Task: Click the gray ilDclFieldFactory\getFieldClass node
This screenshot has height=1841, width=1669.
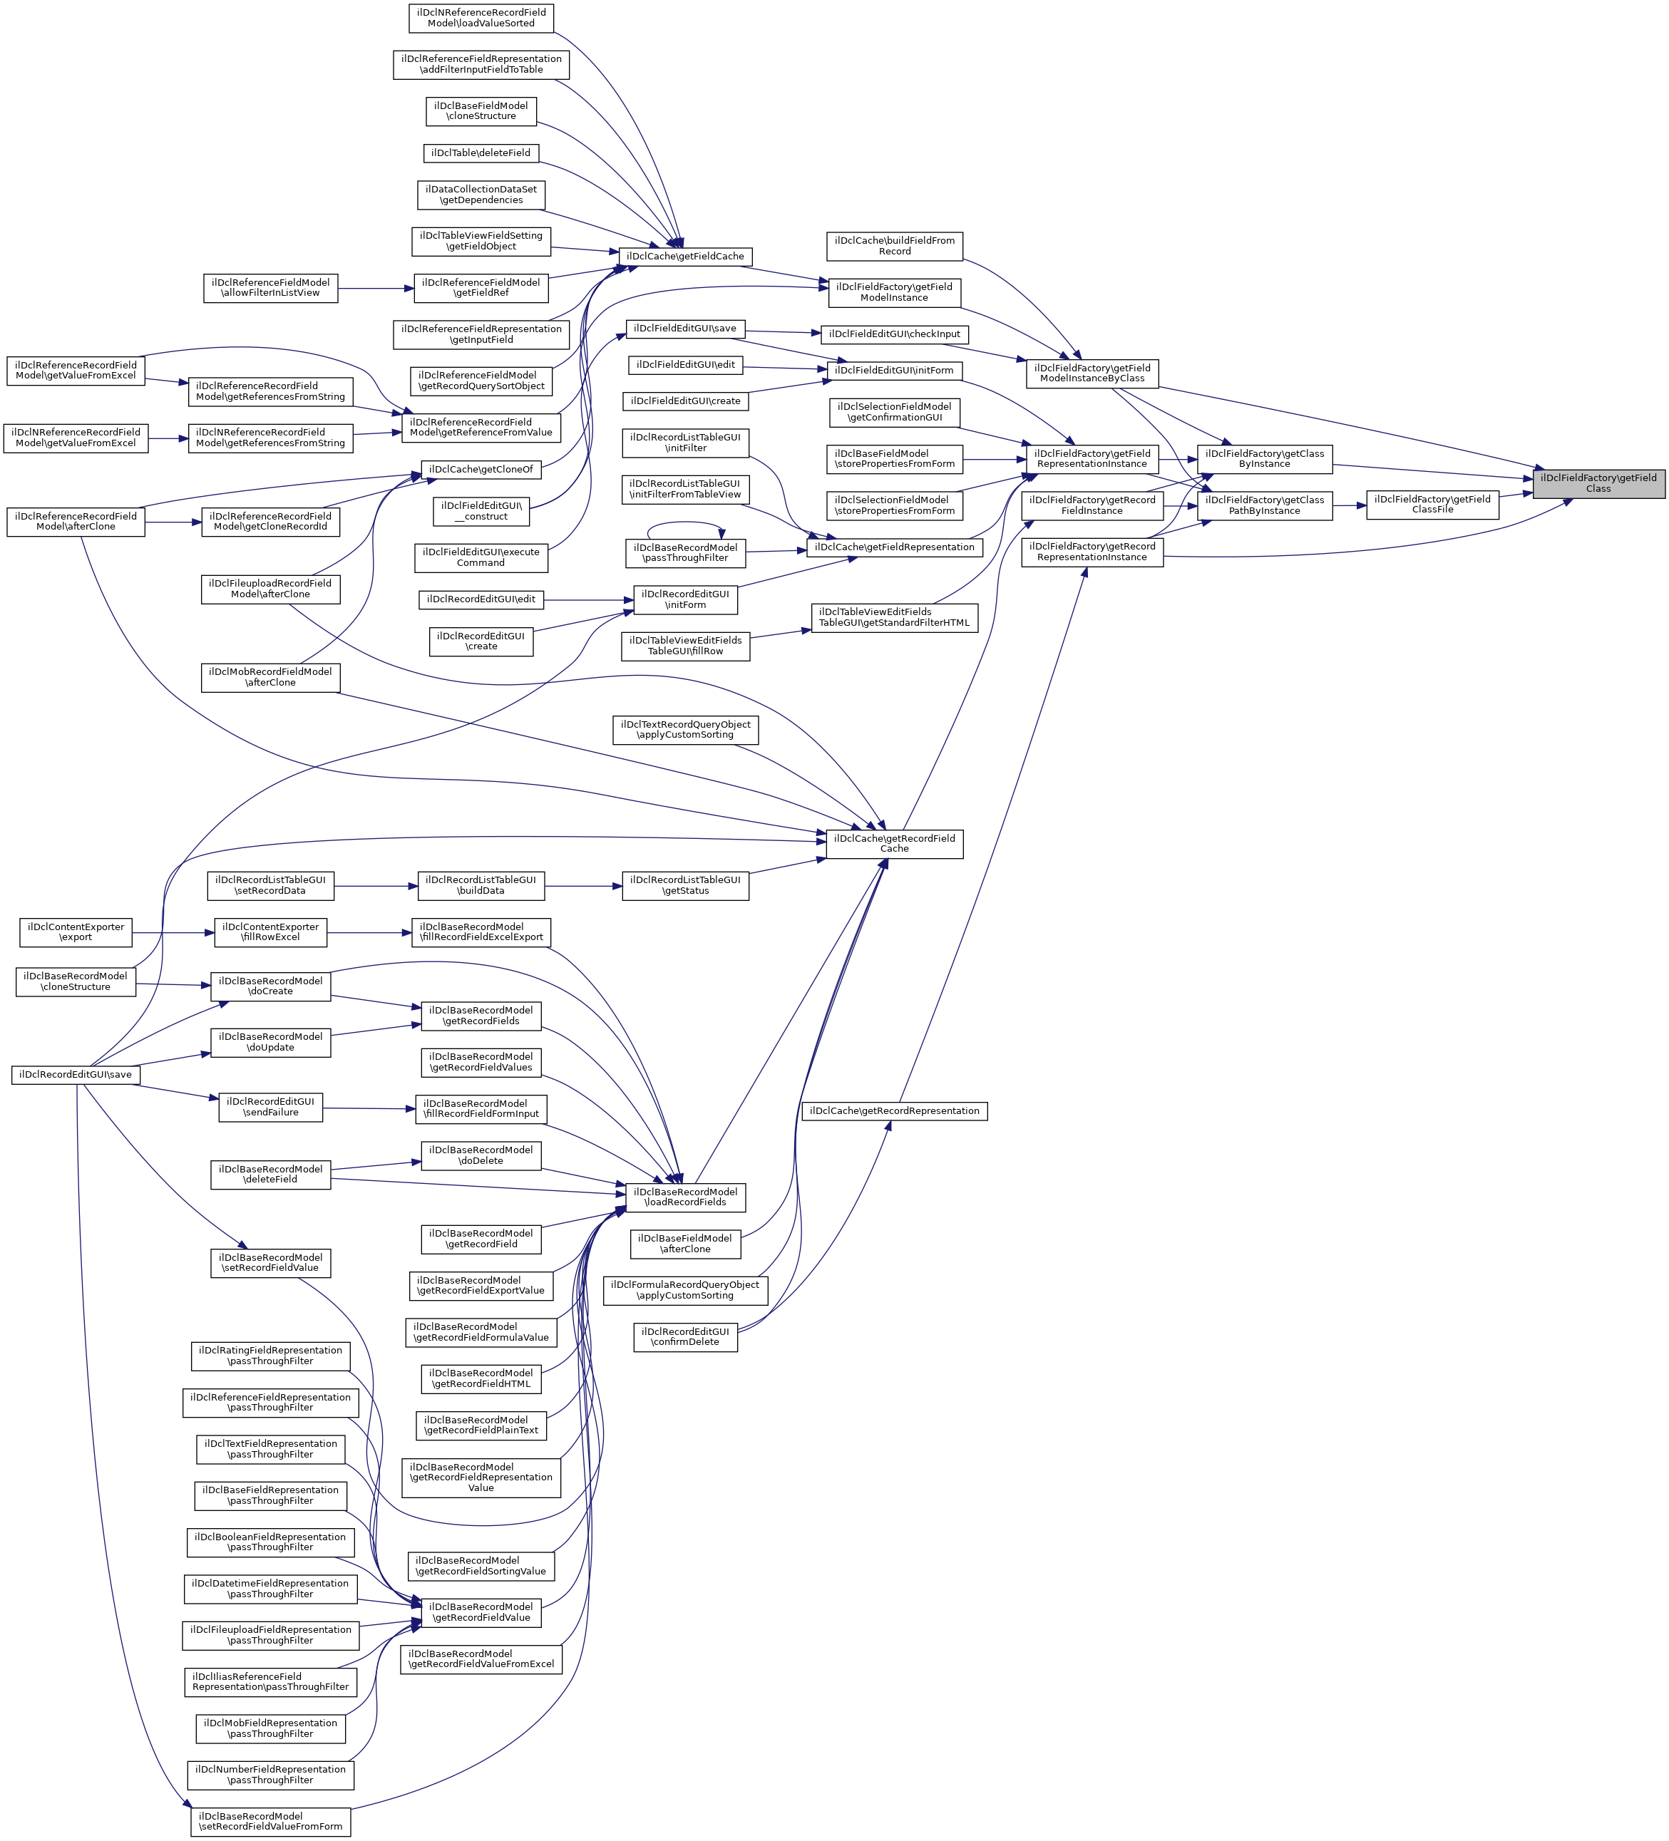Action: (x=1598, y=483)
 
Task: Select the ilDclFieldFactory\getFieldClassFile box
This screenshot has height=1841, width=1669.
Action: (x=1432, y=505)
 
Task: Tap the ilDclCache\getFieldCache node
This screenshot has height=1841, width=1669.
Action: (x=685, y=257)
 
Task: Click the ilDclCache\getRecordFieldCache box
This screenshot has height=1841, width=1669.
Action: (x=893, y=844)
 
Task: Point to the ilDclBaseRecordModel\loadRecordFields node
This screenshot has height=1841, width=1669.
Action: (x=685, y=1197)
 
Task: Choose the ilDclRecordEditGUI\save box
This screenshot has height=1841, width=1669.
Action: (x=76, y=1075)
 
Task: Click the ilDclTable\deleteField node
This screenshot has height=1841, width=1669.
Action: (x=481, y=153)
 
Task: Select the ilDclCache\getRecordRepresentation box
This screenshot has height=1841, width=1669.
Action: (x=894, y=1111)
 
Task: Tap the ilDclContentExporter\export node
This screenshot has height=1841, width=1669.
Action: (x=76, y=932)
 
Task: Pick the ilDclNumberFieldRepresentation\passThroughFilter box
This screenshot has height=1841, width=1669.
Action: (x=270, y=1775)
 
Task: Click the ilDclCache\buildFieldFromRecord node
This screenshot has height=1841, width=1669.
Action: (x=894, y=247)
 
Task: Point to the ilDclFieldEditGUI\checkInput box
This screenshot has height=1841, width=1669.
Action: (x=894, y=334)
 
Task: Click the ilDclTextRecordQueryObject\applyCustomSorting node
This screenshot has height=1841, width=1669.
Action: (x=685, y=730)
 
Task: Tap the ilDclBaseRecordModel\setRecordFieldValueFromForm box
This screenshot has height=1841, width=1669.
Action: (x=270, y=1822)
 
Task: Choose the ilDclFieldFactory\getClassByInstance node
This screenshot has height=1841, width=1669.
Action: (x=1264, y=459)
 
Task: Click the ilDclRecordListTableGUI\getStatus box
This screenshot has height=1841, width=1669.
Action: (x=685, y=886)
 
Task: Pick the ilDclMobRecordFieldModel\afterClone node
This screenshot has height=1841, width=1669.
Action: (x=270, y=678)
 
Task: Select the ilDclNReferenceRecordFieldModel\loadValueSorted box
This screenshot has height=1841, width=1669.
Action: (x=481, y=19)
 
